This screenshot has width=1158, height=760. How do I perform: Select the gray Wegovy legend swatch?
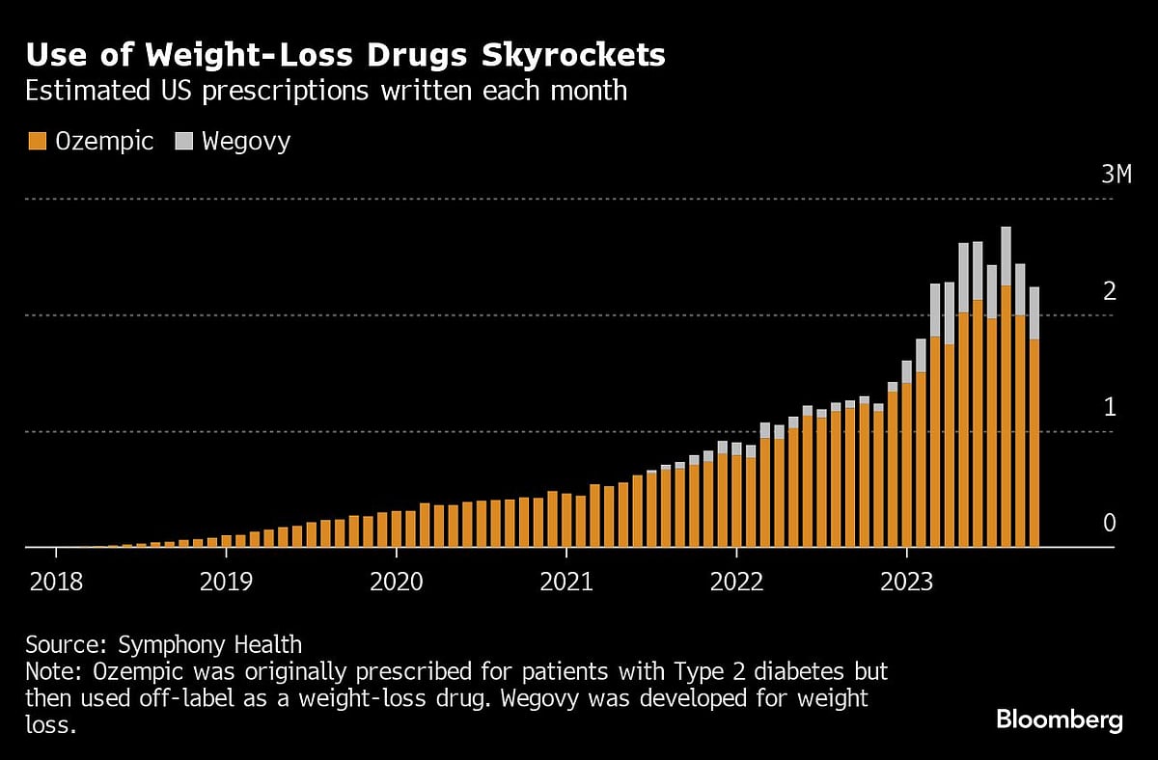pos(183,142)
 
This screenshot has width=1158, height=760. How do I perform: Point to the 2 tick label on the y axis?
pos(1109,290)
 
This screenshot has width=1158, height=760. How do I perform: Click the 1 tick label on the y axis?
pos(1109,407)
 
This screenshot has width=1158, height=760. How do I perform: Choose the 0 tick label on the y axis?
pos(1109,524)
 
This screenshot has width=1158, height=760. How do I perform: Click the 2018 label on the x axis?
pos(56,582)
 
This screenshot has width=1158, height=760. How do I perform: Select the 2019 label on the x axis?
pos(226,582)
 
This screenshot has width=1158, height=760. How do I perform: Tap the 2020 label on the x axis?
pos(396,582)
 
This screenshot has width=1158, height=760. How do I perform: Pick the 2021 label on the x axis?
pos(566,582)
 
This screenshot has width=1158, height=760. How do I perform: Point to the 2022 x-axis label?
pos(736,582)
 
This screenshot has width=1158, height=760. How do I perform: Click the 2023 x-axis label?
pos(906,582)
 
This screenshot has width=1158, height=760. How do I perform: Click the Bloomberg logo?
pos(1059,719)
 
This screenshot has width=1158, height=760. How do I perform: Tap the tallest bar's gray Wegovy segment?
pos(1006,256)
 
